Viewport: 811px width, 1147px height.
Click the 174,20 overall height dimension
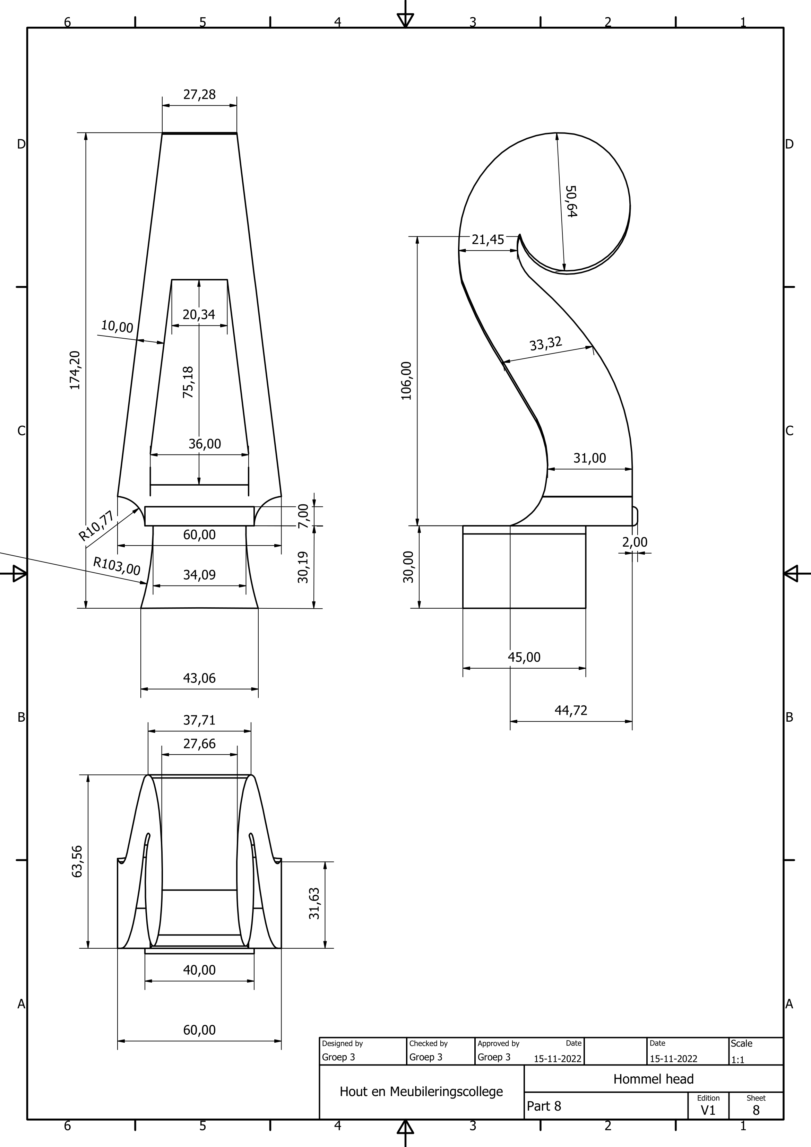75,370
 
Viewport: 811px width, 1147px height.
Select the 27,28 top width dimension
199,94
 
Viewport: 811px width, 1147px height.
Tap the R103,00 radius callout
117,566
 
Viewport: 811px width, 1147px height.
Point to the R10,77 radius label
96,527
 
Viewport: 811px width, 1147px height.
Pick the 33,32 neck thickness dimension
546,344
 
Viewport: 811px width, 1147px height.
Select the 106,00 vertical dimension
406,381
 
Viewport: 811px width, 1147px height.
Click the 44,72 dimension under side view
571,710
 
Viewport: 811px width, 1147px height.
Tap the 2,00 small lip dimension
635,542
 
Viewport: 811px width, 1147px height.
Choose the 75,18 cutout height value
188,382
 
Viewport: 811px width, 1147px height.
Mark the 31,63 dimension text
314,903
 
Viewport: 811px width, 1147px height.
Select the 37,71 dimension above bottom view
199,720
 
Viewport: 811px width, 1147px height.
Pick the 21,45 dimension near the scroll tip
488,240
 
